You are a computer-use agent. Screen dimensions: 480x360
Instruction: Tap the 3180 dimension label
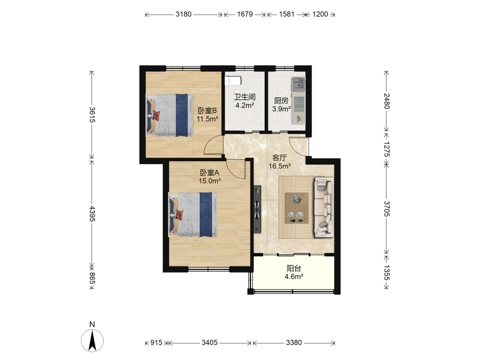tap(183, 14)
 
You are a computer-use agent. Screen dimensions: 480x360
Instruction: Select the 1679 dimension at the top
tap(245, 14)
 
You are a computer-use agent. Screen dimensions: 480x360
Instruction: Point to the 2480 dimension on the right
tap(386, 101)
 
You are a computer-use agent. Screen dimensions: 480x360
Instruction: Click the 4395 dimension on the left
tap(92, 214)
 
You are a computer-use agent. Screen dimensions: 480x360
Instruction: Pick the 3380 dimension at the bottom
tap(294, 342)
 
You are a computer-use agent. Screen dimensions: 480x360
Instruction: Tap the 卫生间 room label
tap(245, 97)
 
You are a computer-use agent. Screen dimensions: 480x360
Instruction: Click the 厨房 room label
tap(281, 100)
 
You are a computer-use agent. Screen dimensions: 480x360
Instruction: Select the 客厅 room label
tap(279, 158)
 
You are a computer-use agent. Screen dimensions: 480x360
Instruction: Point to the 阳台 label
tap(294, 268)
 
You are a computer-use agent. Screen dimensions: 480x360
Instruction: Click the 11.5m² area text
tap(207, 119)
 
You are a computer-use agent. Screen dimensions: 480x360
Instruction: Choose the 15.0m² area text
tap(210, 181)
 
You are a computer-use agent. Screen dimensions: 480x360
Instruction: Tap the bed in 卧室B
tap(169, 115)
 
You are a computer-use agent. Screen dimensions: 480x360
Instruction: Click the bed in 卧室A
tap(193, 214)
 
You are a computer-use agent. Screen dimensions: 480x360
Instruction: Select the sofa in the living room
tap(324, 207)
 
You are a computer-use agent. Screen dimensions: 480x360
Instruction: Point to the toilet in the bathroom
tap(233, 81)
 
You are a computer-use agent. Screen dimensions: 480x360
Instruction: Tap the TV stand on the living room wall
tap(257, 209)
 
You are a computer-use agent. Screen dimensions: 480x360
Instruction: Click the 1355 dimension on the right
tap(386, 273)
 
